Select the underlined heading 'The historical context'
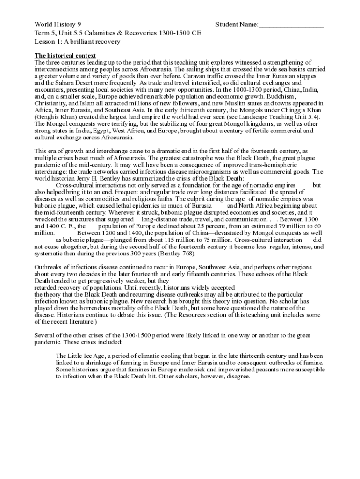tap(65, 55)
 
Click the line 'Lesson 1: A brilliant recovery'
tap(77, 41)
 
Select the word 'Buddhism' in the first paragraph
tap(296, 96)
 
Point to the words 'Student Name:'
tap(236, 24)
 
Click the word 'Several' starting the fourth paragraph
tap(46, 335)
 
